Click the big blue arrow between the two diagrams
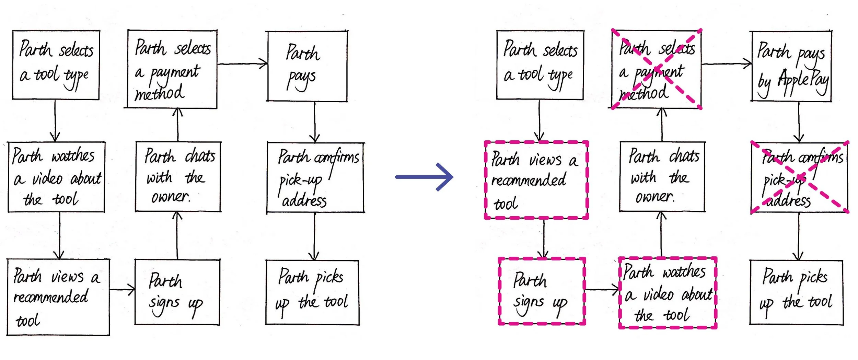click(x=424, y=177)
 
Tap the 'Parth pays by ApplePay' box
click(x=791, y=66)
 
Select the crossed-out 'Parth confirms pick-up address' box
click(x=799, y=177)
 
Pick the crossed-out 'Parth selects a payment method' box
click(x=656, y=69)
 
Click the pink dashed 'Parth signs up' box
click(x=542, y=291)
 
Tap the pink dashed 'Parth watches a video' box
click(x=668, y=293)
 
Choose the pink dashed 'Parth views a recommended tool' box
click(x=536, y=180)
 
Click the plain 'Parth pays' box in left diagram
click(x=307, y=66)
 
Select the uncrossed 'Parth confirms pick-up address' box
click(x=315, y=177)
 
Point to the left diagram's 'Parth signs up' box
click(x=177, y=292)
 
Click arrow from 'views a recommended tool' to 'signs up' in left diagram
click(x=122, y=290)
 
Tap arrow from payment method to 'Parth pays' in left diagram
click(x=242, y=64)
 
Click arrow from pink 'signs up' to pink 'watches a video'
click(x=602, y=290)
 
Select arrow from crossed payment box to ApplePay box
click(x=726, y=64)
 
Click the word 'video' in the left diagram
click(x=47, y=178)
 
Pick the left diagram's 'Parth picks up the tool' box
click(x=312, y=292)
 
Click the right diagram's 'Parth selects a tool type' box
click(x=540, y=65)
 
